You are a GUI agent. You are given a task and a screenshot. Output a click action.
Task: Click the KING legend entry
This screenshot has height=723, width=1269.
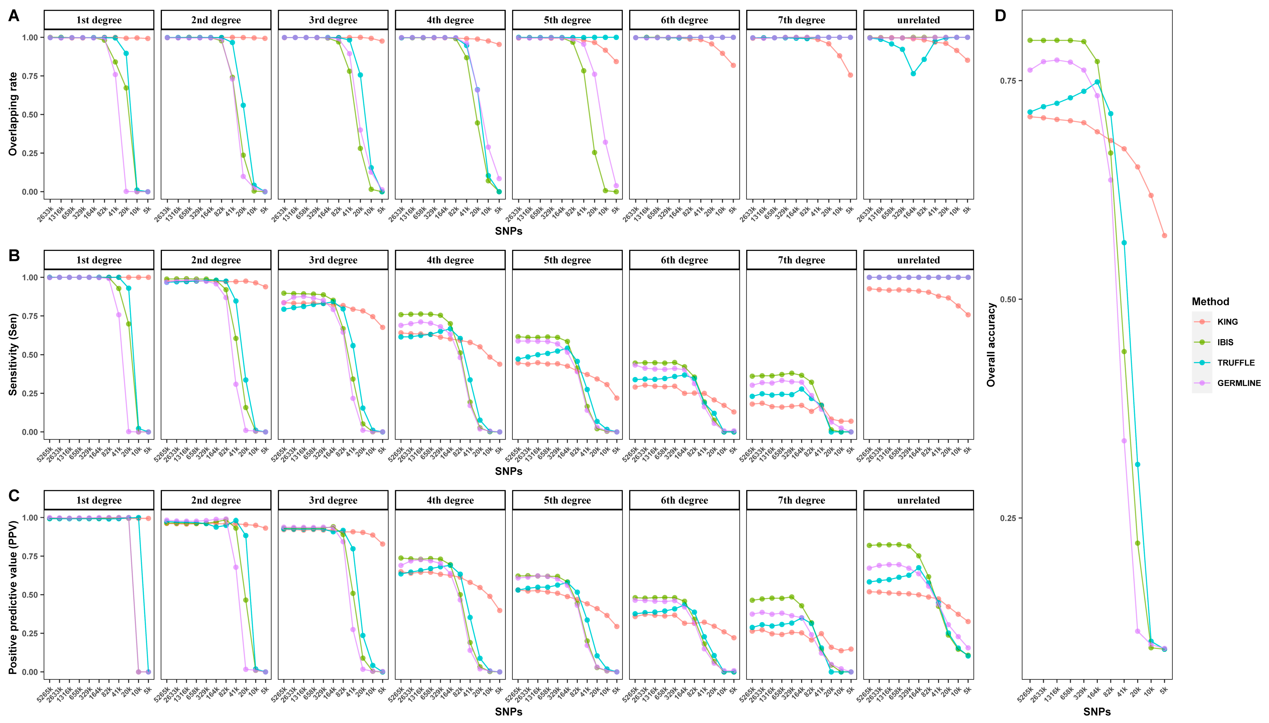(1227, 322)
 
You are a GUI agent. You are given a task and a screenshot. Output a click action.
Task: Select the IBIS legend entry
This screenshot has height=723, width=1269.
(1225, 342)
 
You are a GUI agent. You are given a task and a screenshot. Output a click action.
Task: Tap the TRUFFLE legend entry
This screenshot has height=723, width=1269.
(1236, 362)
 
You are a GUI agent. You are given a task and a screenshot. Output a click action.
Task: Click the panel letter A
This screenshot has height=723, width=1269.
(14, 16)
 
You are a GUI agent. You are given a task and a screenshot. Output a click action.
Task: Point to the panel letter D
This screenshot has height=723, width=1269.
(1000, 16)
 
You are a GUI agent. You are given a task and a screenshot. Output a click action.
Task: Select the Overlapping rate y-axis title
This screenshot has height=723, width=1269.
(13, 114)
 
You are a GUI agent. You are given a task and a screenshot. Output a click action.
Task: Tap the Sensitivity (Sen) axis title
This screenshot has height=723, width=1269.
(13, 354)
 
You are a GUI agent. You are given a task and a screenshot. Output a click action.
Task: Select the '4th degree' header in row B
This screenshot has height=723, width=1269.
(450, 260)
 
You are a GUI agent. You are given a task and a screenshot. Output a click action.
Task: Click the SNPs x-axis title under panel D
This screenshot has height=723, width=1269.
(1097, 712)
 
